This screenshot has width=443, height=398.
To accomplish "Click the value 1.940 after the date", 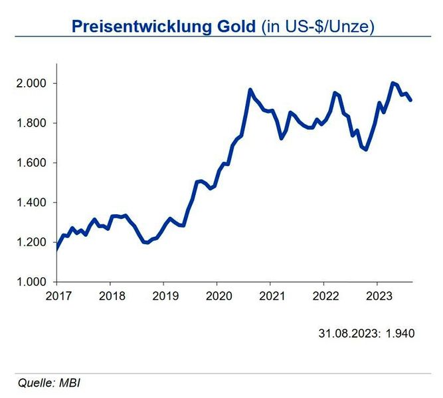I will [400, 333].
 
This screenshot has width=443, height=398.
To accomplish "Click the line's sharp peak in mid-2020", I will [250, 90].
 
